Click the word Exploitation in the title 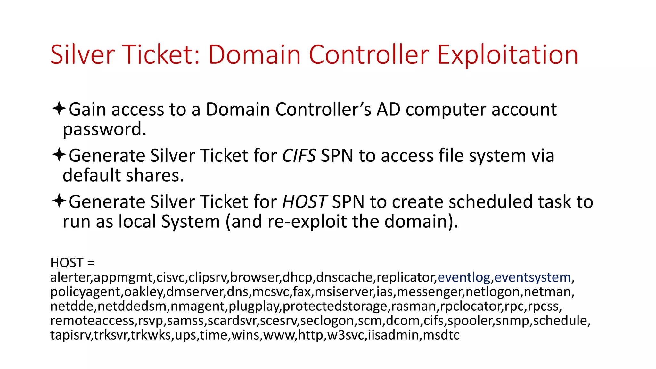(x=507, y=55)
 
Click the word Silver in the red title (x=82, y=55)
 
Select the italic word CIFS (x=299, y=156)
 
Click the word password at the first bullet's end (x=104, y=129)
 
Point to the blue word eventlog (x=464, y=277)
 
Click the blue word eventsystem (x=532, y=277)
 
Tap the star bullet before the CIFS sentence (x=59, y=155)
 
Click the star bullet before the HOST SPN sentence (x=59, y=201)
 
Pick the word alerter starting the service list (x=70, y=277)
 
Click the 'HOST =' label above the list (x=72, y=263)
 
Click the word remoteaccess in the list (x=92, y=321)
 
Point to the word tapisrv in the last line (x=71, y=335)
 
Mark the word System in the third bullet (x=190, y=222)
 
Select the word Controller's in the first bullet (x=323, y=110)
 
